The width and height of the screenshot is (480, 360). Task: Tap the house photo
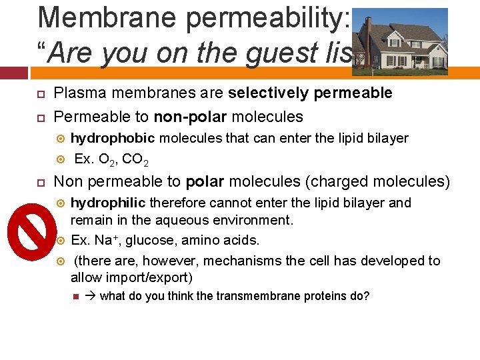pyautogui.click(x=399, y=42)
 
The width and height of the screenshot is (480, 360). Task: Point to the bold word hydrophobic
pyautogui.click(x=113, y=138)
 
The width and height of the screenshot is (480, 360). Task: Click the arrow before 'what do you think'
pyautogui.click(x=91, y=295)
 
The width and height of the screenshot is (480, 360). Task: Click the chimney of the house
pyautogui.click(x=368, y=27)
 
